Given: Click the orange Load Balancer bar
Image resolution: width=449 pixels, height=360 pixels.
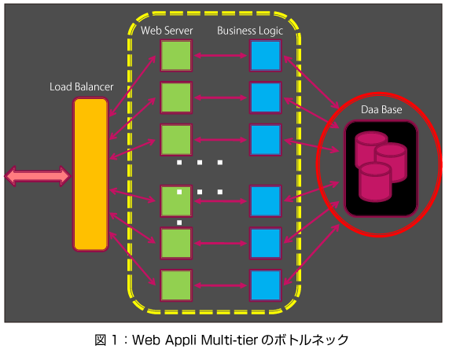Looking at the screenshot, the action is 90,174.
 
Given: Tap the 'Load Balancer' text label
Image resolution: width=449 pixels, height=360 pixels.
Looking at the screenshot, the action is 81,86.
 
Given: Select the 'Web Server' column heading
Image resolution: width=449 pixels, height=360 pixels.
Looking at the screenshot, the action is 167,31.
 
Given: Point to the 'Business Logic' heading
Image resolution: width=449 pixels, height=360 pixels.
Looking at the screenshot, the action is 250,31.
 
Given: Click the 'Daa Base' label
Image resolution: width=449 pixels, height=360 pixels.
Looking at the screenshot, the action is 381,109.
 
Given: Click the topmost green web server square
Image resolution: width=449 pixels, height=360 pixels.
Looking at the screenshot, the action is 176,56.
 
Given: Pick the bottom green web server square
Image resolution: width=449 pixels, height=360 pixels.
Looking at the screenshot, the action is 176,285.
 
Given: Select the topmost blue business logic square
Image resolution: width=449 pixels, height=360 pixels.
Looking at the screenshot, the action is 266,56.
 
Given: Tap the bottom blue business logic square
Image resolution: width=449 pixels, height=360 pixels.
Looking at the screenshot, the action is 266,285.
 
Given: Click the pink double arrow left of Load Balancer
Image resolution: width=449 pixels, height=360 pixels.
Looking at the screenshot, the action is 38,176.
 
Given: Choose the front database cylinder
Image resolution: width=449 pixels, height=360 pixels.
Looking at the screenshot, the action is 375,182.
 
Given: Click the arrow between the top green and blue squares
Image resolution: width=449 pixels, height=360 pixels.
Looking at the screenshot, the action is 220,56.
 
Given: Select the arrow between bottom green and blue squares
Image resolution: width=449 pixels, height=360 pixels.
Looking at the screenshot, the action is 220,285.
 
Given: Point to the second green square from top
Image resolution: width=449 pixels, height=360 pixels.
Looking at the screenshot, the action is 176,97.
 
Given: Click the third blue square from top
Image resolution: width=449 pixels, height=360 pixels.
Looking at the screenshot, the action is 266,140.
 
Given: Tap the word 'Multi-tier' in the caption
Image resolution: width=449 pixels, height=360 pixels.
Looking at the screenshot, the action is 230,340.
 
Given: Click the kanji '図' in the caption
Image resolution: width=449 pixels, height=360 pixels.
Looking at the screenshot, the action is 101,340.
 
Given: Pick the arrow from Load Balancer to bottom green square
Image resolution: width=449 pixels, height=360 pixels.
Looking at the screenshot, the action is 133,259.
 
